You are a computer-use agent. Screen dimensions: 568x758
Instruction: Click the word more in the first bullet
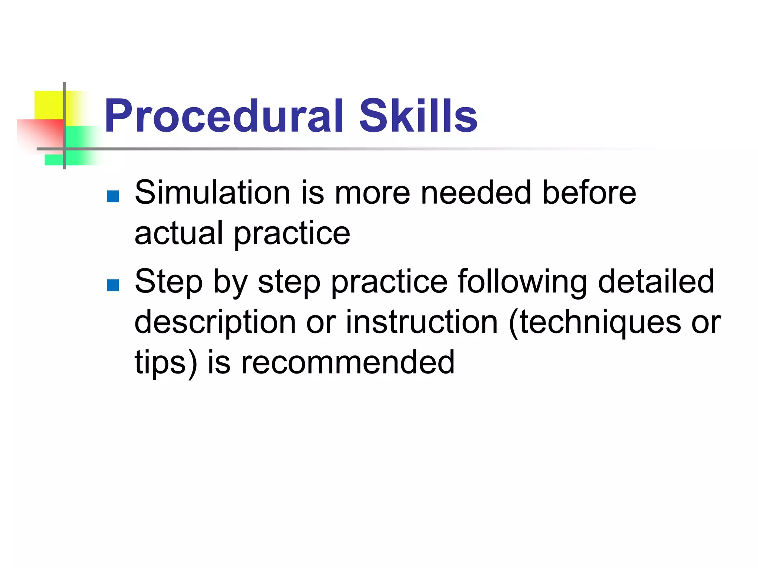(x=372, y=193)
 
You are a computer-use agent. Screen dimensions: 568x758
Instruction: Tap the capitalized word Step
(x=169, y=282)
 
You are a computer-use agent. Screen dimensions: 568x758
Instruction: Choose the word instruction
(x=422, y=322)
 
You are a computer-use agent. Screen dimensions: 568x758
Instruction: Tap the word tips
(x=160, y=362)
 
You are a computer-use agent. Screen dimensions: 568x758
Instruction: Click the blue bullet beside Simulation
(x=113, y=196)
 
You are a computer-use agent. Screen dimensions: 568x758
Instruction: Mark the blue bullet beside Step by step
(x=113, y=285)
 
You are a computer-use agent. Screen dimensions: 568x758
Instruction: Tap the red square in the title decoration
(x=41, y=133)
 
